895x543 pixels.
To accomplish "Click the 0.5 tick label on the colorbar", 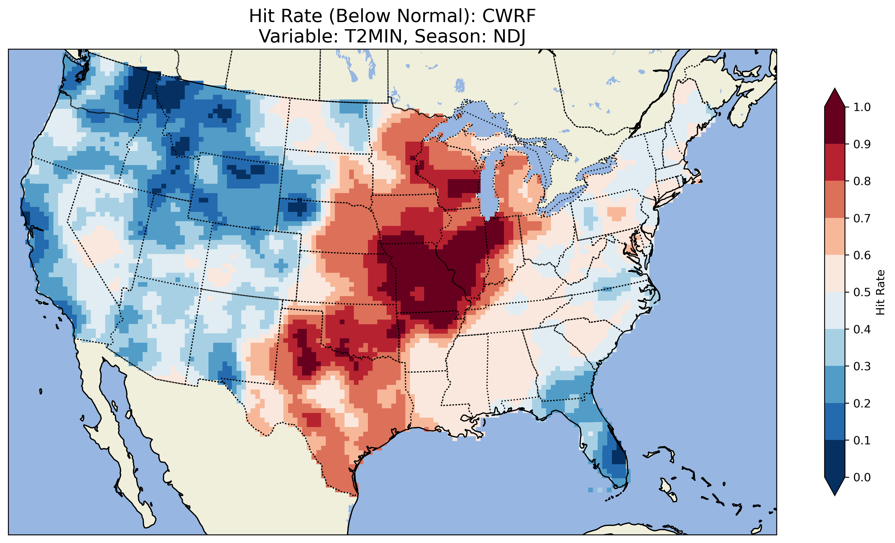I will point(862,292).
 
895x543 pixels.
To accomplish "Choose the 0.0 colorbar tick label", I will point(862,477).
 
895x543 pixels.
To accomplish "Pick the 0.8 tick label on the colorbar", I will point(862,181).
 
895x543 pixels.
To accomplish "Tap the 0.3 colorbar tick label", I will point(862,366).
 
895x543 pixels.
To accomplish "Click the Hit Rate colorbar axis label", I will point(880,292).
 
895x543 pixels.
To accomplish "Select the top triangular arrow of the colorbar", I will point(835,98).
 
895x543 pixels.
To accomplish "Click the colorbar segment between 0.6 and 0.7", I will point(835,237).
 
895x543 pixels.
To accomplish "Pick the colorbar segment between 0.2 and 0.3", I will point(835,385).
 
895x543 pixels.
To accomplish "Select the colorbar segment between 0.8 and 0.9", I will point(835,163).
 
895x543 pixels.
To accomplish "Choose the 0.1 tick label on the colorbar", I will point(862,440).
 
